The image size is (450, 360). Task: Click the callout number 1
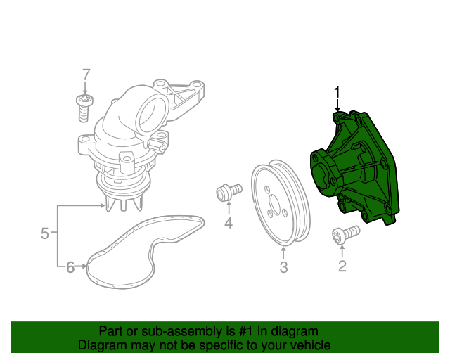(x=337, y=92)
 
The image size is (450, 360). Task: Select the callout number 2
(x=342, y=266)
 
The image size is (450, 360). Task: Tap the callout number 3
(x=283, y=267)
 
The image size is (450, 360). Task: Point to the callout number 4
(x=229, y=224)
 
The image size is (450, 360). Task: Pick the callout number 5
(x=44, y=233)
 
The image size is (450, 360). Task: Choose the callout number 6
(x=70, y=266)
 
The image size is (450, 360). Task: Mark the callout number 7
(x=86, y=75)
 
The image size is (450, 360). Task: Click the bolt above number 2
(x=345, y=234)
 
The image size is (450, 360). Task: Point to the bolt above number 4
(x=229, y=191)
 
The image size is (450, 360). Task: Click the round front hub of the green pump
(x=328, y=176)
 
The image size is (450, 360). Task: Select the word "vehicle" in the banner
(x=308, y=345)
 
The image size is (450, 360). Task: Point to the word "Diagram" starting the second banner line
(x=101, y=345)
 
